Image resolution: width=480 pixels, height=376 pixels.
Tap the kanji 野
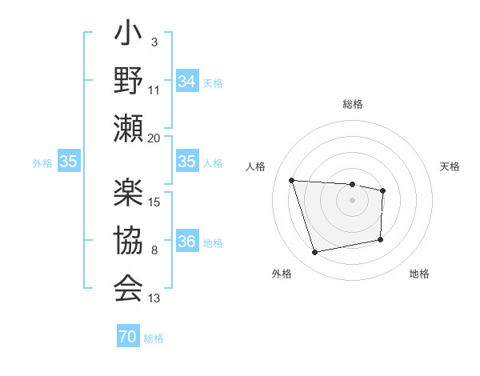pyautogui.click(x=129, y=81)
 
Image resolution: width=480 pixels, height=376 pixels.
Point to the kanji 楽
pyautogui.click(x=129, y=194)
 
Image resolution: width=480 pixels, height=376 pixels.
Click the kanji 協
pyautogui.click(x=129, y=240)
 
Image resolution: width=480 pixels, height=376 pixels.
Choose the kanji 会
pyautogui.click(x=129, y=286)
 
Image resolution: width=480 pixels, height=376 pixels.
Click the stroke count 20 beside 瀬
pyautogui.click(x=154, y=137)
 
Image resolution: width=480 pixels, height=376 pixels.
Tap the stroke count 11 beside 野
pyautogui.click(x=154, y=90)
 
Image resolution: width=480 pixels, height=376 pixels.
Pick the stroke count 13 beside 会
pyautogui.click(x=154, y=298)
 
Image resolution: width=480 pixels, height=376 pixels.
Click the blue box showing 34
pyautogui.click(x=186, y=81)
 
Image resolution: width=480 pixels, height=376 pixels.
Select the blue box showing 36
pyautogui.click(x=186, y=242)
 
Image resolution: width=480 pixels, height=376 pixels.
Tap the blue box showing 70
pyautogui.click(x=128, y=338)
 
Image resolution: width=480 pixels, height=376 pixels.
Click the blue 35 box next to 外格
pyautogui.click(x=68, y=162)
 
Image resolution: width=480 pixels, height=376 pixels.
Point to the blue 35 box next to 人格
pyautogui.click(x=186, y=162)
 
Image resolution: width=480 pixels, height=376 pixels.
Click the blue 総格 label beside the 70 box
pyautogui.click(x=154, y=338)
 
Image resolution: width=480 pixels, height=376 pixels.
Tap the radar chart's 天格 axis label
pyautogui.click(x=450, y=166)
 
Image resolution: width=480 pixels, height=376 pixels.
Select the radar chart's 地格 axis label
pyautogui.click(x=419, y=274)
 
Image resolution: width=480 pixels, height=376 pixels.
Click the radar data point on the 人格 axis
pyautogui.click(x=292, y=181)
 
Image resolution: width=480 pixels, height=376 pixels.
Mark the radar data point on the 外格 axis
pyautogui.click(x=315, y=253)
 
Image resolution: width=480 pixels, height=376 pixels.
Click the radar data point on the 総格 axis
pyautogui.click(x=352, y=184)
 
